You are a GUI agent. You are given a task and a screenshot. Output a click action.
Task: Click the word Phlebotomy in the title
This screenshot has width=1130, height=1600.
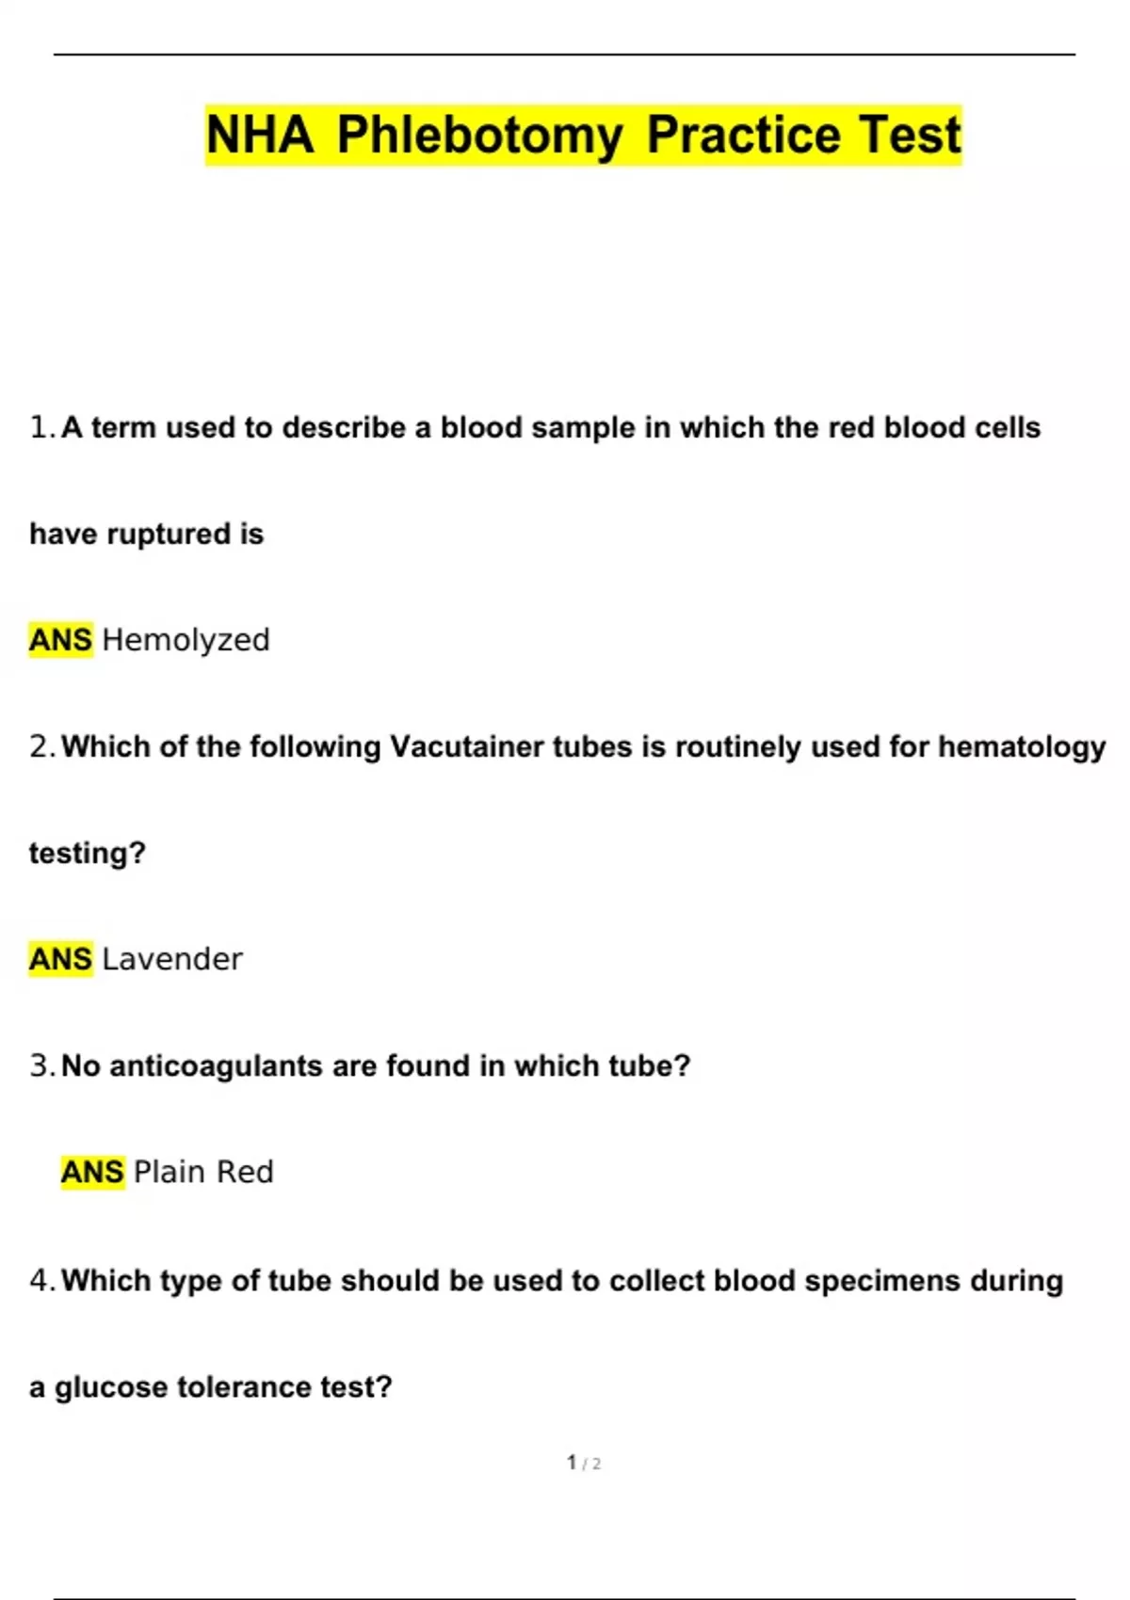[479, 135]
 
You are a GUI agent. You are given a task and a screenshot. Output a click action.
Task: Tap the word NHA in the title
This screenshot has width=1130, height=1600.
[260, 135]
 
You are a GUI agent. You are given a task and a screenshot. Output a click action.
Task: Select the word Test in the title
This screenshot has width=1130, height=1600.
[909, 135]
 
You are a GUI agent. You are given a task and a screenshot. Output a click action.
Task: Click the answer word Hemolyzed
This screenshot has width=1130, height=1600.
[186, 640]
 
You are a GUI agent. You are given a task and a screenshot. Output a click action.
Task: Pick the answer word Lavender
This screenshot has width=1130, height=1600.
[172, 959]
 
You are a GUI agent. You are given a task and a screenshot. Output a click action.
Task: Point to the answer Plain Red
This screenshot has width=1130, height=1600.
[203, 1172]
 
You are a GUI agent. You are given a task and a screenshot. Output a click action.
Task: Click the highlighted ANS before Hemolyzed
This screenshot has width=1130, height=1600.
[60, 640]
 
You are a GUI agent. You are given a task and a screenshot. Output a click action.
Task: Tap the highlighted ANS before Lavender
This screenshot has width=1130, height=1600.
[60, 959]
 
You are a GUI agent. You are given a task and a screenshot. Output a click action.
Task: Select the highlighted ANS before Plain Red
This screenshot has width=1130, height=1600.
[92, 1172]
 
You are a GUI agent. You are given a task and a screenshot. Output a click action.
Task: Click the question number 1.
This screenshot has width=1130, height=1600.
[40, 427]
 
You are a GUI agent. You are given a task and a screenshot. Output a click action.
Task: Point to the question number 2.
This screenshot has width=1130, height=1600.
[40, 746]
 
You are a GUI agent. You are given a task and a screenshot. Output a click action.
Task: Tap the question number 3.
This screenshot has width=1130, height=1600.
[40, 1065]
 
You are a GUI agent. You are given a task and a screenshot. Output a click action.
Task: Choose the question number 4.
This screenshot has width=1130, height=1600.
[40, 1280]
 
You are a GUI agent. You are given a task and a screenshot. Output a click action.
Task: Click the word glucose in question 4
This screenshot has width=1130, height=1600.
[111, 1386]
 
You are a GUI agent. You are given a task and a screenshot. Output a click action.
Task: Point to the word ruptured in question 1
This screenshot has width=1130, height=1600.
[169, 535]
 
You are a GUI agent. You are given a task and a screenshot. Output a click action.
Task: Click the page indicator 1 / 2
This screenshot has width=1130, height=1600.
[584, 1463]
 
